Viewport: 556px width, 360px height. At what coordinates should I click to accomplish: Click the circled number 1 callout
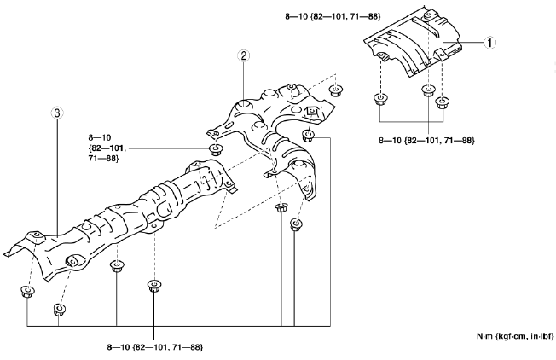coord(489,43)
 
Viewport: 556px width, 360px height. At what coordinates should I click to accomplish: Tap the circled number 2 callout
coord(244,55)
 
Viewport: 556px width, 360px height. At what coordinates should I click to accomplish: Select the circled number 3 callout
coord(57,113)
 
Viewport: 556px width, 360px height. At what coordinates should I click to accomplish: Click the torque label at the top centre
coord(333,16)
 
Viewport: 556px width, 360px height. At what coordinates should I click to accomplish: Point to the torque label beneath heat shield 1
coord(426,141)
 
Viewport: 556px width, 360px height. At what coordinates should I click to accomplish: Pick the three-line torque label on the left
coord(107,148)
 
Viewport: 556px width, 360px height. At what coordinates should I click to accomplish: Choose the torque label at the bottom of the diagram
coord(155,347)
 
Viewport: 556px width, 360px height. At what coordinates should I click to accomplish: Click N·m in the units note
coord(485,336)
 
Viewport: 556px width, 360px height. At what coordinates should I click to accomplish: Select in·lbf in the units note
coord(542,336)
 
